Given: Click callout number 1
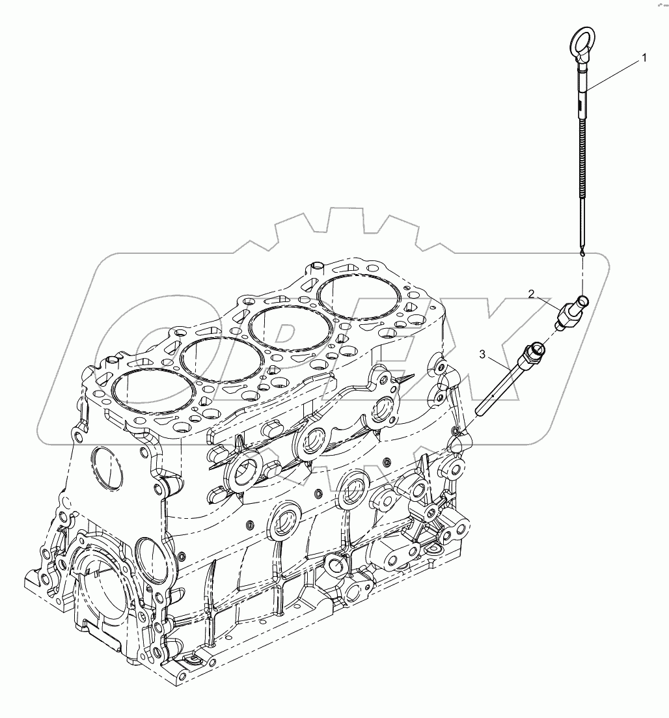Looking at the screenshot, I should (x=644, y=57).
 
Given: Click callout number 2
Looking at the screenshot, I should (x=531, y=294).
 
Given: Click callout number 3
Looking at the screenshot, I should (x=482, y=353).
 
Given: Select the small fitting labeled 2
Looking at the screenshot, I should (x=571, y=312).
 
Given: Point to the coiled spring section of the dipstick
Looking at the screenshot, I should (x=581, y=156).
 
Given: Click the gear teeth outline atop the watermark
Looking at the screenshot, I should (x=338, y=228).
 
